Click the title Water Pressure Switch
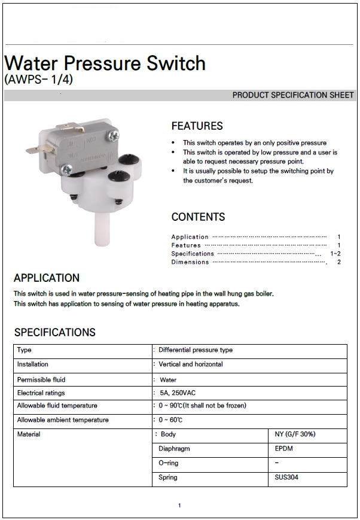coord(105,63)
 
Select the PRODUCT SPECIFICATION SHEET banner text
coord(293,95)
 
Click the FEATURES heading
coord(197,126)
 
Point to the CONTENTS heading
coord(198,217)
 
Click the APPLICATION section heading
coord(47,278)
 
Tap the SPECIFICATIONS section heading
coord(54,332)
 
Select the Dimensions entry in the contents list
coord(190,262)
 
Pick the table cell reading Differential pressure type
coord(196,350)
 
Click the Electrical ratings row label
coord(41,393)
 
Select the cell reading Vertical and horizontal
coord(191,364)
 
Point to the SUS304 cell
coord(285,478)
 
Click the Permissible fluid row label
coord(41,379)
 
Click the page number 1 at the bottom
coord(179,506)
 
